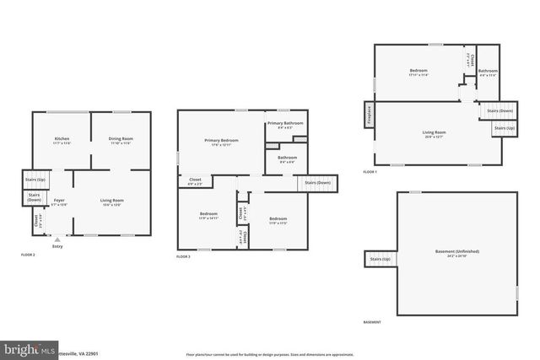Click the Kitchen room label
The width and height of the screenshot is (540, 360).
(62, 138)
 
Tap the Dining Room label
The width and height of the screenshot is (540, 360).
(121, 138)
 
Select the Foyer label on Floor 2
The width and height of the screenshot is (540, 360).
(58, 200)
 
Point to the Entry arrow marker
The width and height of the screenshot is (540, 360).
(57, 239)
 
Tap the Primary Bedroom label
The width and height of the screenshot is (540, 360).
(221, 140)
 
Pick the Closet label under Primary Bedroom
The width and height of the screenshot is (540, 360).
(195, 180)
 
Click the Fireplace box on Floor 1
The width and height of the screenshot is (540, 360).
(369, 114)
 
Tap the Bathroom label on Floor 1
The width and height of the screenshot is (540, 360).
(488, 71)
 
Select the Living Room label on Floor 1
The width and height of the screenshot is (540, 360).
(434, 132)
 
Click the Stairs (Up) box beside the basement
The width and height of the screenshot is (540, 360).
(380, 260)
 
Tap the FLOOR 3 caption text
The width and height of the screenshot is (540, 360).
(184, 256)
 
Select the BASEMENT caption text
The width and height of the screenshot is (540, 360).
(371, 322)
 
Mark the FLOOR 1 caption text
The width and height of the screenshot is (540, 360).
(370, 172)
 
